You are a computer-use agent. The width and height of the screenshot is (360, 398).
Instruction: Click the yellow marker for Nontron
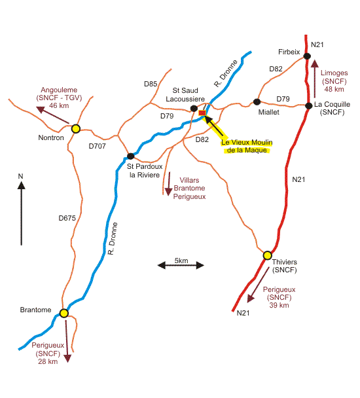pyautogui.click(x=76, y=129)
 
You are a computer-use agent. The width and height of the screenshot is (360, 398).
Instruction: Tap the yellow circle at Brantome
pyautogui.click(x=64, y=313)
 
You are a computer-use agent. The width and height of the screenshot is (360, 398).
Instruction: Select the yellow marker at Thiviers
pyautogui.click(x=267, y=255)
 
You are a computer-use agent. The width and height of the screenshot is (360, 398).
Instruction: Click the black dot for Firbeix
pyautogui.click(x=307, y=56)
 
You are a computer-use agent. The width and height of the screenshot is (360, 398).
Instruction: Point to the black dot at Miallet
pyautogui.click(x=257, y=101)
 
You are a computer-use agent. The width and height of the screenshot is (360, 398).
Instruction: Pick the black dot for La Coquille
pyautogui.click(x=308, y=105)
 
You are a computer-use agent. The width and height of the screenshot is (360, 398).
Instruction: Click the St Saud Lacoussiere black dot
pyautogui.click(x=194, y=109)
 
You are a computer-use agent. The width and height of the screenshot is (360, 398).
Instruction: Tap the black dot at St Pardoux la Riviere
pyautogui.click(x=130, y=156)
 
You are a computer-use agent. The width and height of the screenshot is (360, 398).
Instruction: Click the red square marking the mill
pyautogui.click(x=202, y=113)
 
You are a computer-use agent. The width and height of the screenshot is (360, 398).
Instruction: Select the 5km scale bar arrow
pyautogui.click(x=181, y=266)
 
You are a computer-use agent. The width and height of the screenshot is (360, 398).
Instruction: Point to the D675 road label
pyautogui.click(x=67, y=218)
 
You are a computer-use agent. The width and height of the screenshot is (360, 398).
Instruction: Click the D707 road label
pyautogui.click(x=98, y=146)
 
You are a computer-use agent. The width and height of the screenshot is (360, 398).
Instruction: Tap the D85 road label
pyautogui.click(x=151, y=84)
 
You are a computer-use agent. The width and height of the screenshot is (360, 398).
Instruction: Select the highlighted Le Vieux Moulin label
pyautogui.click(x=247, y=146)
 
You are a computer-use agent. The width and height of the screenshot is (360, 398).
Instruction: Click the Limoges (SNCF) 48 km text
pyautogui.click(x=334, y=81)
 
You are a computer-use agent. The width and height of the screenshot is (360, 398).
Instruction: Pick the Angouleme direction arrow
pyautogui.click(x=53, y=115)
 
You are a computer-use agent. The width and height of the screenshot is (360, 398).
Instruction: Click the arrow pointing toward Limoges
pyautogui.click(x=315, y=79)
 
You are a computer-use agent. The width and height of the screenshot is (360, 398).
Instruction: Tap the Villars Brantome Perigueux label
pyautogui.click(x=189, y=189)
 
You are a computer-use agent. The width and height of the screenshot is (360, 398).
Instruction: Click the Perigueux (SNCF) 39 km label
pyautogui.click(x=279, y=297)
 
